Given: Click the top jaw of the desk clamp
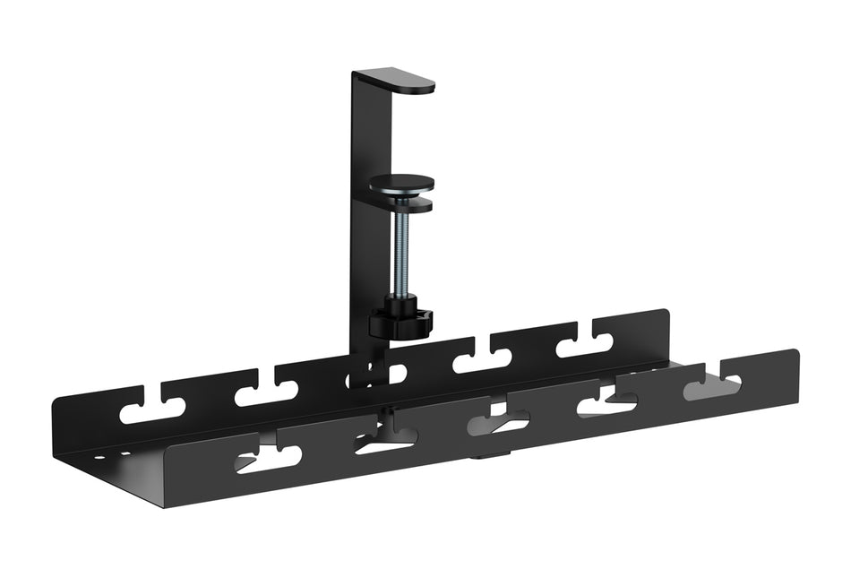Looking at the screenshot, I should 403,82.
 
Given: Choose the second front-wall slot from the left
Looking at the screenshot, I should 385,439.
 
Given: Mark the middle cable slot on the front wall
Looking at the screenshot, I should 498,421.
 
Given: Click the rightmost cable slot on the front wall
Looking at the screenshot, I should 712,386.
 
